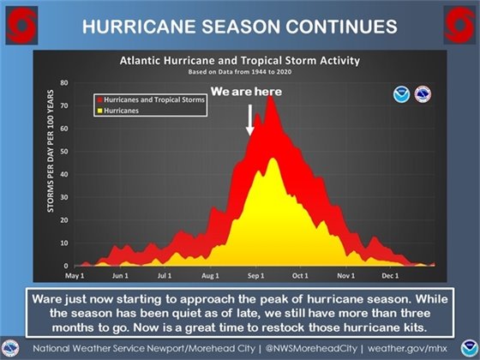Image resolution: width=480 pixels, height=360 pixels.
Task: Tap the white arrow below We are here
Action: (250, 119)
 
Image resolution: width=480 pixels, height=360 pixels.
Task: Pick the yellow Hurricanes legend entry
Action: (121, 111)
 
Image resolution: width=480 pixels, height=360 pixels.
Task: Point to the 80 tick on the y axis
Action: (63, 82)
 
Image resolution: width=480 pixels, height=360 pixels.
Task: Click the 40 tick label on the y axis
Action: (63, 174)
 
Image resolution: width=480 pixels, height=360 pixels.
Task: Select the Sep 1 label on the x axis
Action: (255, 276)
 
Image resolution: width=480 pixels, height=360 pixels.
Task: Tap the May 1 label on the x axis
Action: (75, 276)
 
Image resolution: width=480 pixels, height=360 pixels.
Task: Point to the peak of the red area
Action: (271, 96)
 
